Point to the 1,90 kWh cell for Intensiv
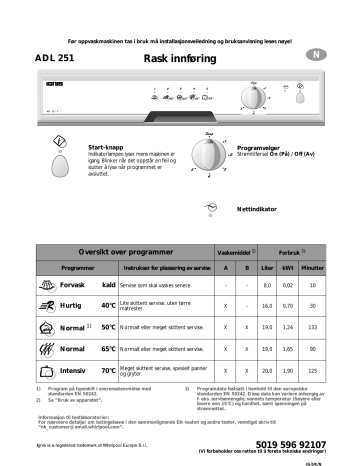288,370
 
